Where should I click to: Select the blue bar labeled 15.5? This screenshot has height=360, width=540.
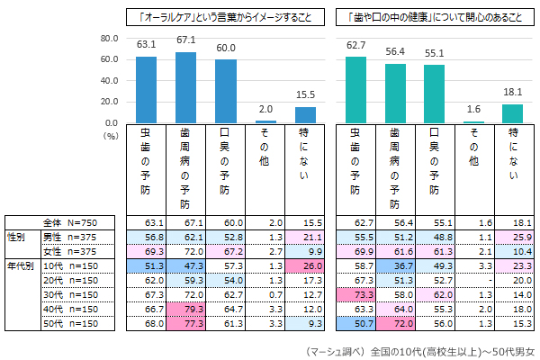pos(305,114)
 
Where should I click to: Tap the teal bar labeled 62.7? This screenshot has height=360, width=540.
pos(355,89)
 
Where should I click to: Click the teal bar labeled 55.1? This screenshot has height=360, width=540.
pos(434,94)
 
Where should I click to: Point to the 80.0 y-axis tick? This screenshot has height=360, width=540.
pos(110,39)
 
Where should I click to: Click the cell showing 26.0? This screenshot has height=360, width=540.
pos(305,266)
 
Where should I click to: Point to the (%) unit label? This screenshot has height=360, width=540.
pos(111,135)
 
